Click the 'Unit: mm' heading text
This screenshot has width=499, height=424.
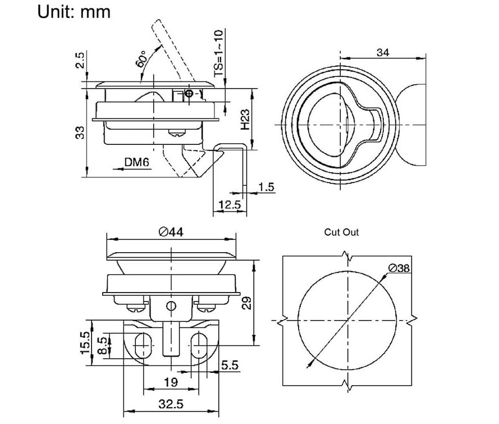click(x=74, y=12)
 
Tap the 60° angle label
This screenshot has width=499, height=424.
click(x=140, y=58)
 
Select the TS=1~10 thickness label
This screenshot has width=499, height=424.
click(x=218, y=53)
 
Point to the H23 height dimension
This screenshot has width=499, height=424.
click(x=245, y=120)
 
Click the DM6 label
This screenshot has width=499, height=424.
click(x=136, y=162)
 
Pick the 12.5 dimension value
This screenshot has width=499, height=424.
click(x=230, y=204)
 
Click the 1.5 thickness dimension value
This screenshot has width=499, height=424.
click(x=266, y=187)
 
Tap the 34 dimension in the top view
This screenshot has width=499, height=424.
click(x=383, y=52)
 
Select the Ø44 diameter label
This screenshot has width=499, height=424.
click(x=171, y=232)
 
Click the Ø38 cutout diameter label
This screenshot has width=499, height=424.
click(x=399, y=268)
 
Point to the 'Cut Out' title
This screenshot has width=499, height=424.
click(x=341, y=232)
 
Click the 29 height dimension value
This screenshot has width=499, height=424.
click(x=246, y=303)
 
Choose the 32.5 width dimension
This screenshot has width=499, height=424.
click(x=171, y=404)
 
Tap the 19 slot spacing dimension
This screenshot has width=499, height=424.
click(x=171, y=382)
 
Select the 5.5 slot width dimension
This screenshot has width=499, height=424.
click(x=230, y=365)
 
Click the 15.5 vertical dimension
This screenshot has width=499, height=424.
click(x=85, y=343)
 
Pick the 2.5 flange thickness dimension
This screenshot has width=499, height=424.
click(x=80, y=60)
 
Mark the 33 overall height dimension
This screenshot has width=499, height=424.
click(x=80, y=133)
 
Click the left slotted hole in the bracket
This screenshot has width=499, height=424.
click(x=143, y=345)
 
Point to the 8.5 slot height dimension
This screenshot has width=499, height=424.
click(x=103, y=346)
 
